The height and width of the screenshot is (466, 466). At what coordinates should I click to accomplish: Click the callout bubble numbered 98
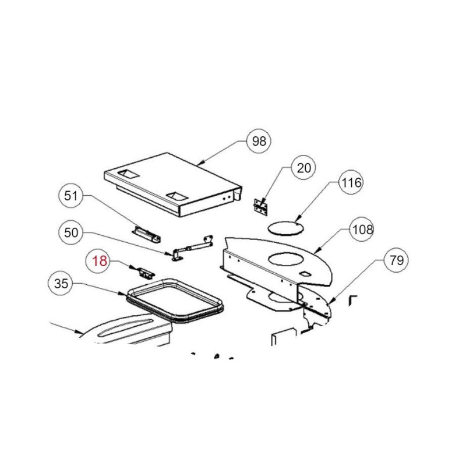[259, 141]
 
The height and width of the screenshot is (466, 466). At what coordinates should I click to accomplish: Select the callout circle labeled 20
[303, 168]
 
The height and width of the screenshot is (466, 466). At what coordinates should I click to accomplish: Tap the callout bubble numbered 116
[351, 182]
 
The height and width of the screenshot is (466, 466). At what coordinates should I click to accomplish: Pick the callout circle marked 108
[362, 230]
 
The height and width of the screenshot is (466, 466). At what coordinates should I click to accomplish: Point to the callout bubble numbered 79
[396, 260]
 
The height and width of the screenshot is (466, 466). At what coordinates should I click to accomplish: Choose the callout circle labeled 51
[70, 196]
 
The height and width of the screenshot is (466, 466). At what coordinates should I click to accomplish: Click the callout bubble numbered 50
[70, 232]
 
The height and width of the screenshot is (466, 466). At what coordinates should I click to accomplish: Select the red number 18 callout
[99, 261]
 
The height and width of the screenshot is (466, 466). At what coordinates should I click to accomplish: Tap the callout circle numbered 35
[61, 283]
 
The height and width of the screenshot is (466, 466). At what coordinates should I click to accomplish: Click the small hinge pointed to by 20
[261, 207]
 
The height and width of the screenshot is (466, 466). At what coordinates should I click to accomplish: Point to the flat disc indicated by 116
[285, 228]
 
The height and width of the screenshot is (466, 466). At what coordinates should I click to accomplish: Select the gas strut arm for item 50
[192, 248]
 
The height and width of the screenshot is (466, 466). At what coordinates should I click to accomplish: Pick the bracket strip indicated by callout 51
[147, 234]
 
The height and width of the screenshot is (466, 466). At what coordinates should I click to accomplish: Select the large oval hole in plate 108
[286, 259]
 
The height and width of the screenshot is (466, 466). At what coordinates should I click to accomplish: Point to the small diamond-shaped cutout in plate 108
[305, 274]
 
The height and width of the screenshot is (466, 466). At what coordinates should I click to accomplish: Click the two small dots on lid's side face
[227, 197]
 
